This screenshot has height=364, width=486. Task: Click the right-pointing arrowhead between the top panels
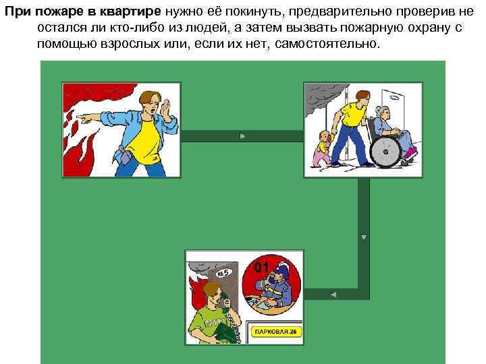242,135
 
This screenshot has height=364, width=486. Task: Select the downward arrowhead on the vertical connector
364,237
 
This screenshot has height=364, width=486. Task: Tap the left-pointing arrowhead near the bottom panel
333,294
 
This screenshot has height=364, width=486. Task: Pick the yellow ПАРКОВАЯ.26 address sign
277,331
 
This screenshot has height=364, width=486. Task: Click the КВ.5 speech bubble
226,272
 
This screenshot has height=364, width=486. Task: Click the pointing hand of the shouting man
85,117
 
